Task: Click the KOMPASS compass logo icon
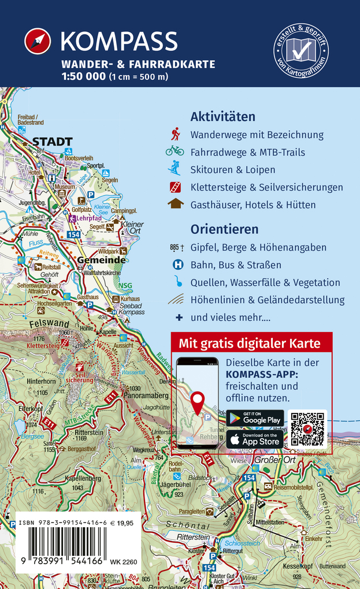click(x=38, y=42)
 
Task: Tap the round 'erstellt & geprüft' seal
click(x=301, y=54)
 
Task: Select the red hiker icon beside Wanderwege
click(x=175, y=135)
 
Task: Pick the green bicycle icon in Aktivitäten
click(x=175, y=152)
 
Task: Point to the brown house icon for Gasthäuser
click(x=175, y=204)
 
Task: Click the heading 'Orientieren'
click(x=224, y=229)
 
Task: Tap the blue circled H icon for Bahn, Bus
click(x=178, y=265)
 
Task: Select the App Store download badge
click(x=255, y=439)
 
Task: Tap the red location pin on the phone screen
click(x=198, y=402)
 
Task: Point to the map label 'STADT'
click(x=52, y=141)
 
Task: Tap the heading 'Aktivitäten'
click(x=222, y=117)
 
